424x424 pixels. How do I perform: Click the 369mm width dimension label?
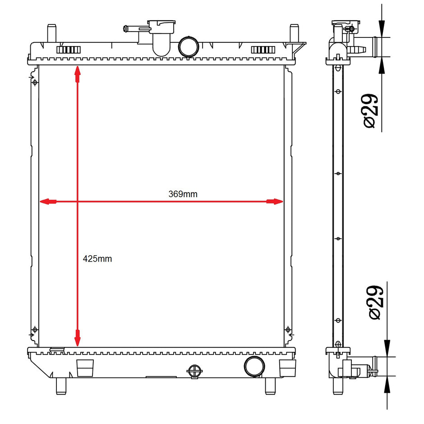[183, 194]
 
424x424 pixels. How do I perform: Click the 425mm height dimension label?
[97, 259]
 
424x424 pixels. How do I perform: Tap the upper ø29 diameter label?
[370, 111]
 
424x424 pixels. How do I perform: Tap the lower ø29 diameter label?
[376, 302]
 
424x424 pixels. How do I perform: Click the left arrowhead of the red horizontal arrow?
[48, 202]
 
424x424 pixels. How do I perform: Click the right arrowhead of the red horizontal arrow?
[274, 202]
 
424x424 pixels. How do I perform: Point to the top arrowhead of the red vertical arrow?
[78, 74]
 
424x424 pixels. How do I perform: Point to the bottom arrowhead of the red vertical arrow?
[78, 338]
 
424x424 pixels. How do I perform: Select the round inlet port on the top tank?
[189, 46]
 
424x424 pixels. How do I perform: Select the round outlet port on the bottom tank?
[254, 366]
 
